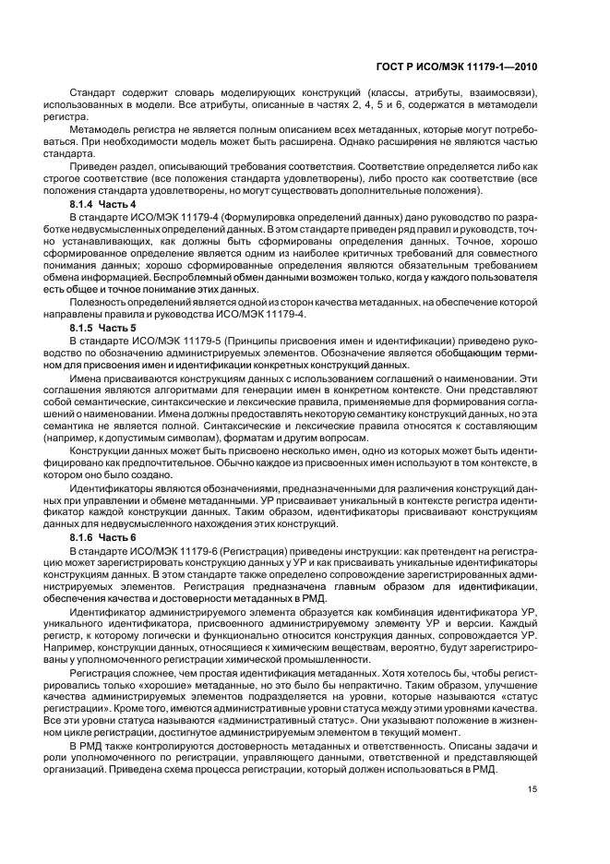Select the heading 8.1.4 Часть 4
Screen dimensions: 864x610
tap(102, 203)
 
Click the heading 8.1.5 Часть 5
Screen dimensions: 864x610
tap(102, 328)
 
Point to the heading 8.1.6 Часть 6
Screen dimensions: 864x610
tap(102, 536)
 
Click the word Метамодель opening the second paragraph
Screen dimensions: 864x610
tap(97, 130)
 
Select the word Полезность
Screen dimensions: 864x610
tap(96, 302)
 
